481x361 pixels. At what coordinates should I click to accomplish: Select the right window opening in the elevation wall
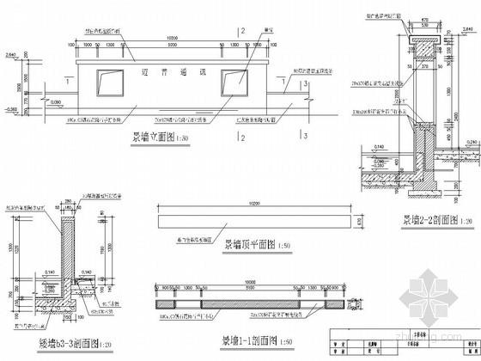[x=234, y=80]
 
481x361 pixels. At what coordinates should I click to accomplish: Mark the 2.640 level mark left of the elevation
[x=13, y=54]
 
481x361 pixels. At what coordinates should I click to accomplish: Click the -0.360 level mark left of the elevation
[x=13, y=110]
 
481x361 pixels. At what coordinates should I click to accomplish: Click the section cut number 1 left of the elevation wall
[x=67, y=83]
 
